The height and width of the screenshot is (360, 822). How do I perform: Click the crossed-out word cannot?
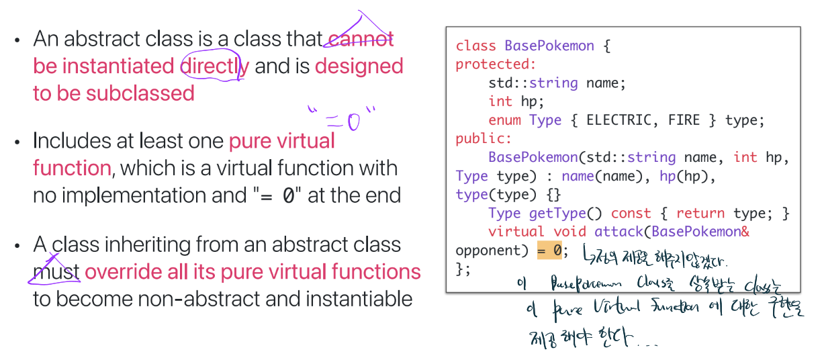360,40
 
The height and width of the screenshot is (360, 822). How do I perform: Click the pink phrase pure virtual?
281,141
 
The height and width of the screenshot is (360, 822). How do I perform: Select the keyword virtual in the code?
516,232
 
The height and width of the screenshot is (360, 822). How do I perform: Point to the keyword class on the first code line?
476,46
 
